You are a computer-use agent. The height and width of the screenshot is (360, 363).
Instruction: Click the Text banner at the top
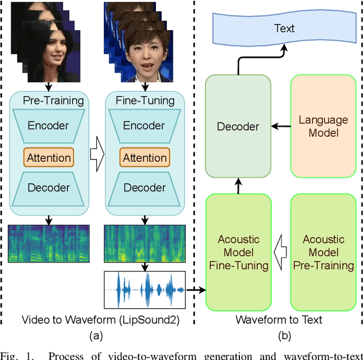(x=284, y=28)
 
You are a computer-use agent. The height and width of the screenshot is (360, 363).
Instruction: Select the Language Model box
(x=323, y=126)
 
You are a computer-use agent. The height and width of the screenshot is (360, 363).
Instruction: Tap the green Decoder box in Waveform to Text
(x=238, y=126)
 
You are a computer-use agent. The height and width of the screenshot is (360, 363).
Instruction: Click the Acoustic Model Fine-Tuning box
(x=238, y=252)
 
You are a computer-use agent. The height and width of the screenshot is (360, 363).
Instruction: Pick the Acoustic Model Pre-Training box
(x=323, y=252)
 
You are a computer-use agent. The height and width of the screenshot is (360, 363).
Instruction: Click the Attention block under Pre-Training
(x=49, y=157)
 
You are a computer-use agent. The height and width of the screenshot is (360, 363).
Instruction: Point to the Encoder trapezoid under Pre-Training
(x=49, y=126)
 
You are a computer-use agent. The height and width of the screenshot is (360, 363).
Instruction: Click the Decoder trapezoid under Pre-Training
(x=49, y=188)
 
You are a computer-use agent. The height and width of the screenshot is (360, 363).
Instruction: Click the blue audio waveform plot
(x=145, y=290)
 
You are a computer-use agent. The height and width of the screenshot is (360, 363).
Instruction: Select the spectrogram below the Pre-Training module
(x=49, y=243)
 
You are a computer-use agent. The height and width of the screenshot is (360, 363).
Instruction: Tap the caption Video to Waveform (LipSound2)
(x=100, y=320)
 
